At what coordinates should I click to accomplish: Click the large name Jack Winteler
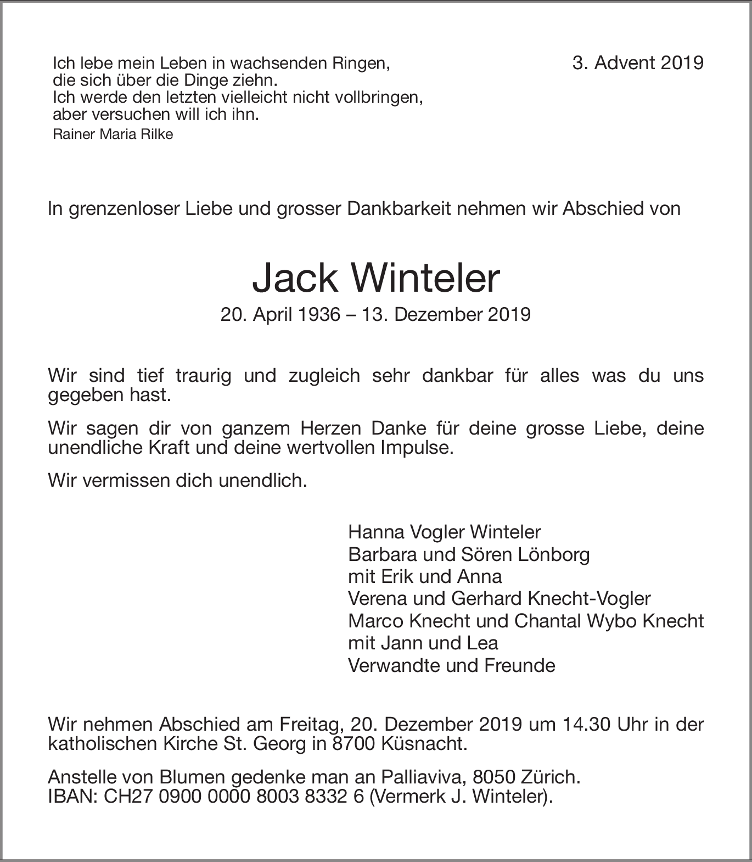pos(376,279)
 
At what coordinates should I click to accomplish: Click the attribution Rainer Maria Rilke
pos(113,135)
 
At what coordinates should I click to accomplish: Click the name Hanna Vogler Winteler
pos(444,532)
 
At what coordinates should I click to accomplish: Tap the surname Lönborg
pos(553,554)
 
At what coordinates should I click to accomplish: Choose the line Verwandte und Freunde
pos(451,665)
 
